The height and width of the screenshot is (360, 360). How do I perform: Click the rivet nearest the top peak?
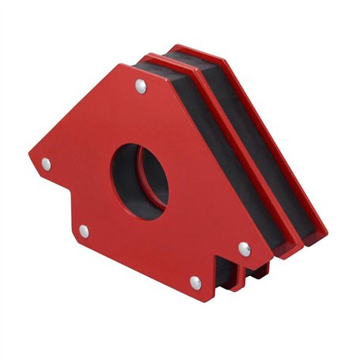140,85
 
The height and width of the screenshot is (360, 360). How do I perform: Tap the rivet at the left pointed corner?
46,164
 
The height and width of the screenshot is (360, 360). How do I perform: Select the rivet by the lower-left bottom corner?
83,230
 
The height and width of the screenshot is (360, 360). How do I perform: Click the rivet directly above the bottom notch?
244,248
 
